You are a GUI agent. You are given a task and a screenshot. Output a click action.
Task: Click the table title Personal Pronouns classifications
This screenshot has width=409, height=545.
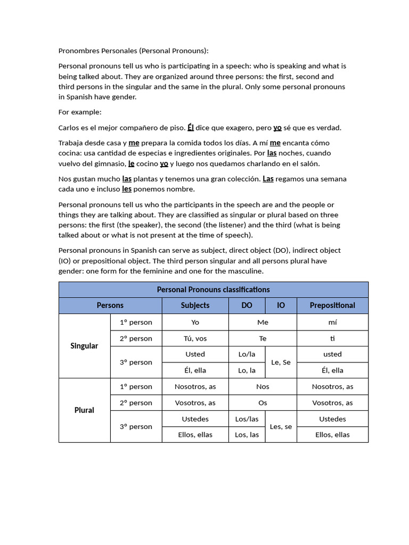(213, 290)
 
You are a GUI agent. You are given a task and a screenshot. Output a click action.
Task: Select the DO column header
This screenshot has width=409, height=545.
(247, 305)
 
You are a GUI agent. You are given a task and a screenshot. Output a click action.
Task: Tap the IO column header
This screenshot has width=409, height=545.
(281, 305)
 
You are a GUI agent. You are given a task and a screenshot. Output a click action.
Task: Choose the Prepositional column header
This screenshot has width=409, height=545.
(332, 305)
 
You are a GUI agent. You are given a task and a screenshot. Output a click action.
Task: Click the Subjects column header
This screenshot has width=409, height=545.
(195, 305)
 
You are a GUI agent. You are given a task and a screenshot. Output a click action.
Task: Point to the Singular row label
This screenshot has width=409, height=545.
(84, 346)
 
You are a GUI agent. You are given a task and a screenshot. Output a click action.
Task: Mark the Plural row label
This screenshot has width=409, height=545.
(84, 410)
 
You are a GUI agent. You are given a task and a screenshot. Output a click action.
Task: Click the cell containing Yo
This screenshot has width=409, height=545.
(195, 322)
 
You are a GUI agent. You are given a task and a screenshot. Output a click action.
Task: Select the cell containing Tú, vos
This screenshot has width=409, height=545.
(195, 338)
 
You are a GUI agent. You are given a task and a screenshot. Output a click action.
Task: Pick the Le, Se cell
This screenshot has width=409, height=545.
(281, 362)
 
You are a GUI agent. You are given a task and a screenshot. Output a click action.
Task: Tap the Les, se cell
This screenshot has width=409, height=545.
(281, 426)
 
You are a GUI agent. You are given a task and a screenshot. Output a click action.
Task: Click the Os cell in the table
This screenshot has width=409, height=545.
(263, 403)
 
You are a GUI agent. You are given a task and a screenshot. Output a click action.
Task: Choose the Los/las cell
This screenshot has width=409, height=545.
(247, 419)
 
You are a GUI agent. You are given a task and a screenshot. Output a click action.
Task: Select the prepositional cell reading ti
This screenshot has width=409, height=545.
(332, 338)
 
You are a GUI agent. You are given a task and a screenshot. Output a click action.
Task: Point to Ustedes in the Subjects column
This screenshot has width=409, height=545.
(195, 419)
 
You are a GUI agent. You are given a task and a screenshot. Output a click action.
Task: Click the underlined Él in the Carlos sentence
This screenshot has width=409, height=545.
(190, 128)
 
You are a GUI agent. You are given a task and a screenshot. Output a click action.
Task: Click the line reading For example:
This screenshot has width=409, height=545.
(80, 112)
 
